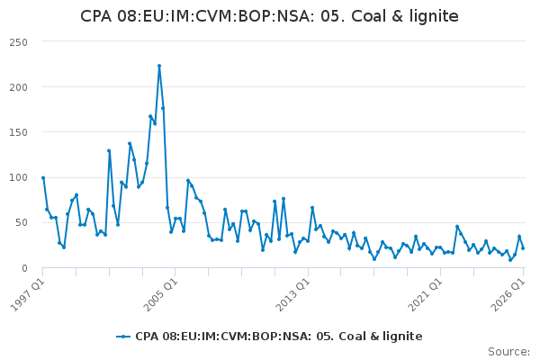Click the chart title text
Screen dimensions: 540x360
269,16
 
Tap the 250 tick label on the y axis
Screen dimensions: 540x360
19,42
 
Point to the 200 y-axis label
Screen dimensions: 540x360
19,87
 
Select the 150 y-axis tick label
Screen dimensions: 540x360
19,132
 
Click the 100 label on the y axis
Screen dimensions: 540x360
19,178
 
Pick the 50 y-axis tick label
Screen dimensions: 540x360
22,223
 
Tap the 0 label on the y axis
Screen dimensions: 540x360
24,268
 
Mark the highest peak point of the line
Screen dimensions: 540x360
159,66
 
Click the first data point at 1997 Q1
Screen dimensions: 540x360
43,178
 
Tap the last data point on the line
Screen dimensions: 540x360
523,248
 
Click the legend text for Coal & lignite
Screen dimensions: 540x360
279,337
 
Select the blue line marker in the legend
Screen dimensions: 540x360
123,337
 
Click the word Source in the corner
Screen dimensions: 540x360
508,352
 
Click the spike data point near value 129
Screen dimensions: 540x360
109,150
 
